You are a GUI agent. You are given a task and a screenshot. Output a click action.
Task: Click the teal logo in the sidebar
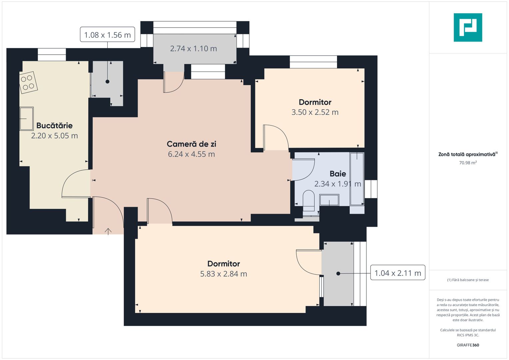[468, 27]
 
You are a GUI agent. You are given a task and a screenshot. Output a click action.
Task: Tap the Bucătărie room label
[54, 126]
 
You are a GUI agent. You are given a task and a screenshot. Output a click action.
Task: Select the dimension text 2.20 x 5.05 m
[54, 136]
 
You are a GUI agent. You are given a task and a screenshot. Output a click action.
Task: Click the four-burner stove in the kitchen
[28, 82]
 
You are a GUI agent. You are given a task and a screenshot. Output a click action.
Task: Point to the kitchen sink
[26, 118]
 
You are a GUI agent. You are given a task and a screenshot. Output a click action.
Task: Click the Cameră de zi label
[191, 144]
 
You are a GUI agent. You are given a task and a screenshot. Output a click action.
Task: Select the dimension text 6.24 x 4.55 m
[191, 154]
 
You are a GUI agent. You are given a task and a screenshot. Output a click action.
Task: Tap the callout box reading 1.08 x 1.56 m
[107, 35]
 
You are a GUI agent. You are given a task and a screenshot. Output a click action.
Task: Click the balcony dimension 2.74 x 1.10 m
[193, 49]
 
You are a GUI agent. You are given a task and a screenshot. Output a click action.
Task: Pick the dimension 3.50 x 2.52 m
[315, 112]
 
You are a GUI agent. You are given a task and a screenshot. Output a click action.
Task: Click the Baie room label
[338, 174]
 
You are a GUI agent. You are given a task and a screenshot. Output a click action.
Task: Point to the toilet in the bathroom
[309, 200]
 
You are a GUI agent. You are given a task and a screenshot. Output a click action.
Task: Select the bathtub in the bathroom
[357, 179]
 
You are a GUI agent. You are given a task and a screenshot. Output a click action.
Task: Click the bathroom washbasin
[329, 200]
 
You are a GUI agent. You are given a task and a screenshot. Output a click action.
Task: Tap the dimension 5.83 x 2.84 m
[223, 274]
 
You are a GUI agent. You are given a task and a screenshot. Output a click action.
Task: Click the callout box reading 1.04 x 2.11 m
[398, 273]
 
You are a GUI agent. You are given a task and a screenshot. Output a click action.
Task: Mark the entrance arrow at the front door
[108, 231]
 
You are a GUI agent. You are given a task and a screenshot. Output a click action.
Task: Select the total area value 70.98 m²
[468, 163]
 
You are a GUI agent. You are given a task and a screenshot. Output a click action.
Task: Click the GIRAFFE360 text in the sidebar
[468, 345]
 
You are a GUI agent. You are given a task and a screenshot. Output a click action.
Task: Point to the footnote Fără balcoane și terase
[468, 280]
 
